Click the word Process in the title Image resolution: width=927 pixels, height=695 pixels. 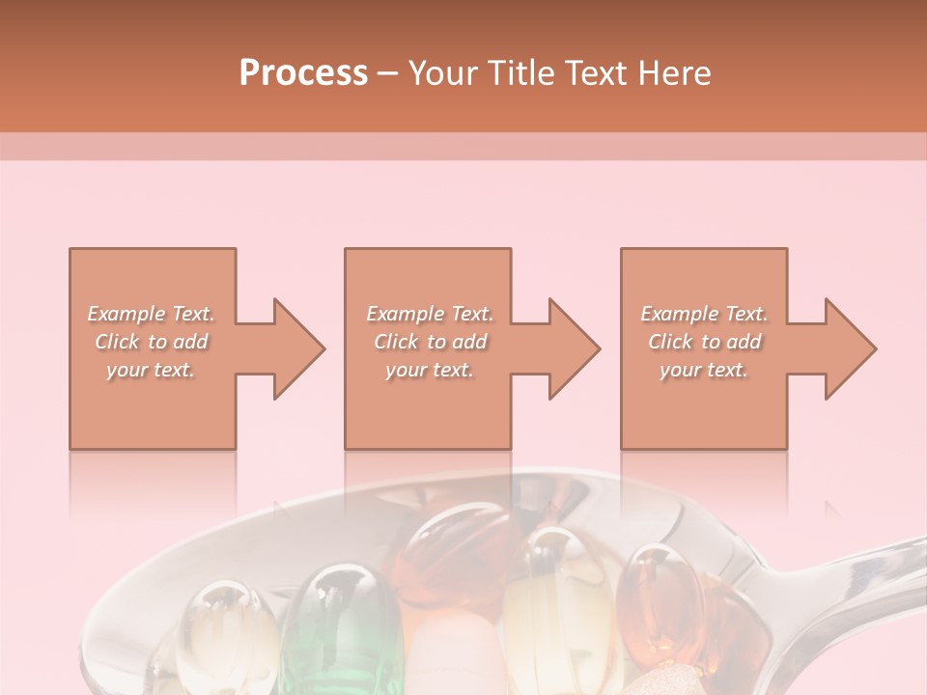[303, 73]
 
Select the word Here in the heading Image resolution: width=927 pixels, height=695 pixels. [676, 73]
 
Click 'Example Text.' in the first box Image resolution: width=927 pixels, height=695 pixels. [152, 314]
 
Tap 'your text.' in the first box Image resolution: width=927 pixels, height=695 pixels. [152, 370]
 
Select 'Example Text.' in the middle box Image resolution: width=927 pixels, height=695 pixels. [430, 314]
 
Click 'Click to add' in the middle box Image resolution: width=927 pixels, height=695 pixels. [430, 342]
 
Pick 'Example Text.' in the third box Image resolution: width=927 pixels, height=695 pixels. [704, 314]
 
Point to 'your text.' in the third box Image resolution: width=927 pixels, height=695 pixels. [704, 370]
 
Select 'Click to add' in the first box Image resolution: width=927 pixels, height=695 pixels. [152, 342]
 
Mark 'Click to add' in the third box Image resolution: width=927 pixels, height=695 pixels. [704, 342]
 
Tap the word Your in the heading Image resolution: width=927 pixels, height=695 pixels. [440, 73]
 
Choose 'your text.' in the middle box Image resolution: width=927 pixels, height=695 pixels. [430, 370]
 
